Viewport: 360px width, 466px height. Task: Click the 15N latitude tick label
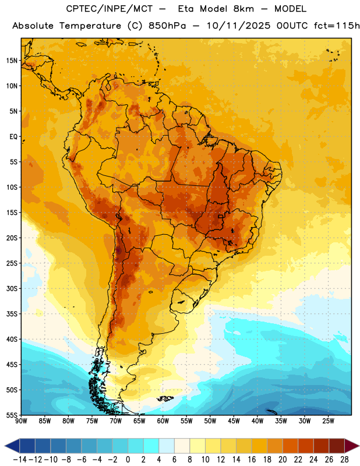(12, 61)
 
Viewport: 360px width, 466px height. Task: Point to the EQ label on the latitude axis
(13, 137)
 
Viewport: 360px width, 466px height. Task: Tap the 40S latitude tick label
(12, 339)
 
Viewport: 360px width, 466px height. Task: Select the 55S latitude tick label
(12, 415)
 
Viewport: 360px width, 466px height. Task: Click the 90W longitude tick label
(22, 421)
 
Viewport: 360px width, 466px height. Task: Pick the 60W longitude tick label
(163, 421)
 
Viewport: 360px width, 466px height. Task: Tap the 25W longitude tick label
(328, 421)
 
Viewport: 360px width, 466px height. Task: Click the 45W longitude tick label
(234, 421)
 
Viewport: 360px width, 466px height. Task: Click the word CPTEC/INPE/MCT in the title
(110, 9)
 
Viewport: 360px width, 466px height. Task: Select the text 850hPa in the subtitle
(167, 26)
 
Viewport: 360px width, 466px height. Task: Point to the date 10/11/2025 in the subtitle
(238, 26)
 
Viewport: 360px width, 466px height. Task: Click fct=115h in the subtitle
(337, 26)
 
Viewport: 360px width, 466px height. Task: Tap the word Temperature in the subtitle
(90, 26)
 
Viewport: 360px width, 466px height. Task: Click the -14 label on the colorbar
(20, 460)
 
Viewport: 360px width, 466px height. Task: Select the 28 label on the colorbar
(344, 460)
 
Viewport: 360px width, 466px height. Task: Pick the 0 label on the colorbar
(128, 460)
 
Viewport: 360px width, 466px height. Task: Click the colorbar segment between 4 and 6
(167, 446)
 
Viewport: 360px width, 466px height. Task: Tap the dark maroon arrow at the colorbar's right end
(351, 446)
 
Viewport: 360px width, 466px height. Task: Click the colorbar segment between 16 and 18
(260, 446)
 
